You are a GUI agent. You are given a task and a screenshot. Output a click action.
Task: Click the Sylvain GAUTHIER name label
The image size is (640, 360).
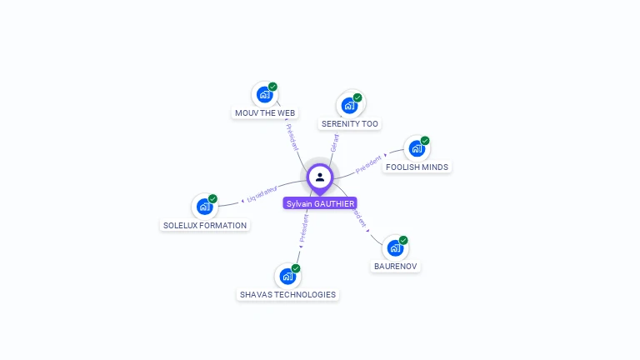pyautogui.click(x=320, y=203)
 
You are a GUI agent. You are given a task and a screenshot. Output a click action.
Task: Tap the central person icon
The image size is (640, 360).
pyautogui.click(x=320, y=177)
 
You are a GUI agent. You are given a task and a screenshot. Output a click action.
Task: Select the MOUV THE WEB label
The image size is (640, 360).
pyautogui.click(x=265, y=112)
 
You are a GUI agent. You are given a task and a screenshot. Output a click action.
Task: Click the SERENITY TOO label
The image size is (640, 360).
pyautogui.click(x=350, y=123)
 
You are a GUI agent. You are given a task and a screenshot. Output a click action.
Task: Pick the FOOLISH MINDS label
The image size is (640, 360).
pyautogui.click(x=417, y=167)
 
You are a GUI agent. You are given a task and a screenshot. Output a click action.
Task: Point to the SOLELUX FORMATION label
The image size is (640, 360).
pyautogui.click(x=205, y=225)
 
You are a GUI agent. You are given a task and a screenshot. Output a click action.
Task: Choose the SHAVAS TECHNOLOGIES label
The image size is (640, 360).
pyautogui.click(x=287, y=294)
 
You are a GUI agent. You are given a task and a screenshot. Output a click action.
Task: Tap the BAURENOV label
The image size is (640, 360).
pyautogui.click(x=395, y=267)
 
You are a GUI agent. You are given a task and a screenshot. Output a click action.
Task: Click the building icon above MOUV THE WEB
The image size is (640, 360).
pyautogui.click(x=265, y=94)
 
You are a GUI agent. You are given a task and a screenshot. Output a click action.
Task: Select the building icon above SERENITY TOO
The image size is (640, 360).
pyautogui.click(x=349, y=106)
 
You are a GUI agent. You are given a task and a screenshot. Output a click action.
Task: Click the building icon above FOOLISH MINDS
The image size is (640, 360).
pyautogui.click(x=417, y=149)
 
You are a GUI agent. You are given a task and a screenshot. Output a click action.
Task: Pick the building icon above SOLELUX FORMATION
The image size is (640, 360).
pyautogui.click(x=205, y=207)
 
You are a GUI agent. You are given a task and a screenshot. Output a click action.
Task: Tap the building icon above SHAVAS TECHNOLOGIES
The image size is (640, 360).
pyautogui.click(x=287, y=276)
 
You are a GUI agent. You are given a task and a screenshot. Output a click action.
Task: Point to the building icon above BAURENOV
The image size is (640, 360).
pyautogui.click(x=395, y=248)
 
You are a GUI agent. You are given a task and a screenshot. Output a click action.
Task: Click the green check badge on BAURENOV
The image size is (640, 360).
pyautogui.click(x=403, y=240)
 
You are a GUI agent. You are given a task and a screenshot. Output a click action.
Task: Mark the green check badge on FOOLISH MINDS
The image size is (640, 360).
pyautogui.click(x=425, y=141)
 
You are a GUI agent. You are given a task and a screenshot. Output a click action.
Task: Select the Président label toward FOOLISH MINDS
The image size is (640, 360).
pyautogui.click(x=369, y=164)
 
